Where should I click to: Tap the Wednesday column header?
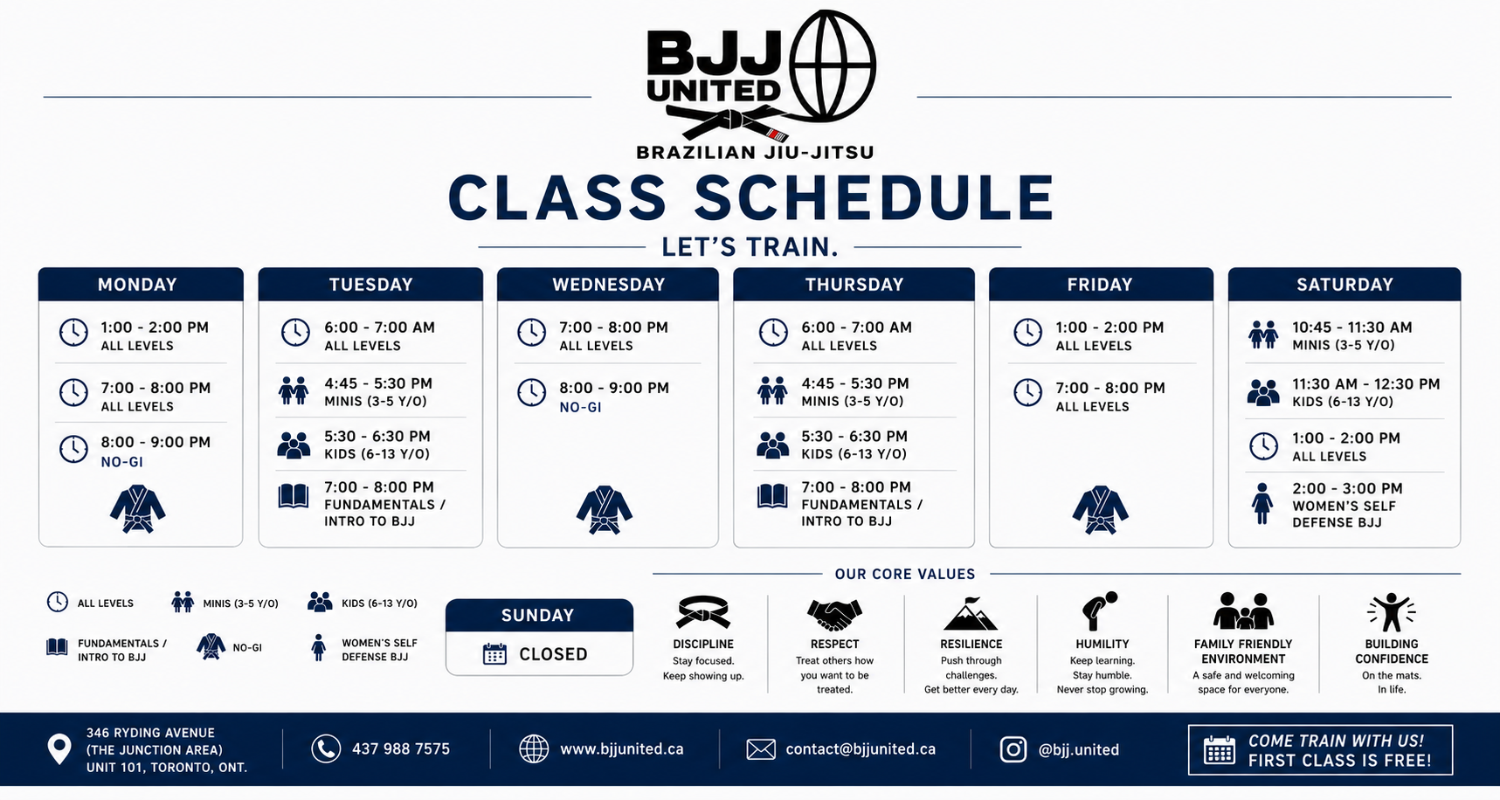(x=608, y=285)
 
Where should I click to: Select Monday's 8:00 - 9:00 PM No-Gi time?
(x=156, y=443)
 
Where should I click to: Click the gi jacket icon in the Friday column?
(x=1100, y=510)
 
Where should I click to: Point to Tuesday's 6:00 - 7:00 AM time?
(x=379, y=328)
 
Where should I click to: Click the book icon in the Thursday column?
(x=772, y=496)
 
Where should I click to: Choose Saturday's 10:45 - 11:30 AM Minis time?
(x=1352, y=328)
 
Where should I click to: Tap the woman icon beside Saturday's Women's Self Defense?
(x=1262, y=504)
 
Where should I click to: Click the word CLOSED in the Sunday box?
(x=553, y=654)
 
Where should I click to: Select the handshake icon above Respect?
(x=834, y=613)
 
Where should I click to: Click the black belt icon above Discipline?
(x=702, y=611)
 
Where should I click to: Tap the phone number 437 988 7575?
(x=401, y=749)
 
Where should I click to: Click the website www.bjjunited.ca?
(x=622, y=749)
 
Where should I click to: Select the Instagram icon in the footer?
(x=1013, y=749)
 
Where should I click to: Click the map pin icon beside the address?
(x=59, y=749)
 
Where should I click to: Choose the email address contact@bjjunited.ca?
(x=861, y=749)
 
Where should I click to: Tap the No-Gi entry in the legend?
(x=229, y=647)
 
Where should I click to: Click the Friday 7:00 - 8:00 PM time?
(x=1110, y=388)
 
